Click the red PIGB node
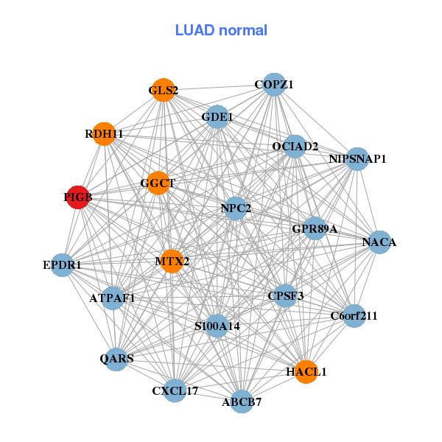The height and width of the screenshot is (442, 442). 77,197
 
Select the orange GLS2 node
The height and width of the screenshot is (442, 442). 163,91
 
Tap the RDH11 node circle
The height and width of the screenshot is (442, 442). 105,134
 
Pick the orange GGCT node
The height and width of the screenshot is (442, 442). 158,183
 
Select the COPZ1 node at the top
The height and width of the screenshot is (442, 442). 274,85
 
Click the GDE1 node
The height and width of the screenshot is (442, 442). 217,116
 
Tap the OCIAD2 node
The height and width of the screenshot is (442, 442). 295,147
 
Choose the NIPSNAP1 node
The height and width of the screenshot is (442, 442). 357,158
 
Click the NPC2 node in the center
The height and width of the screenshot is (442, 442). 236,208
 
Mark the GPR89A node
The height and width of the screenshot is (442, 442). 315,229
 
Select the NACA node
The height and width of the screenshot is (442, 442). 379,242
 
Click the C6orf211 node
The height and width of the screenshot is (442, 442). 354,316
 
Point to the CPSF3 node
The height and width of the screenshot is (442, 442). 285,296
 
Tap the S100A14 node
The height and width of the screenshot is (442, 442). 217,326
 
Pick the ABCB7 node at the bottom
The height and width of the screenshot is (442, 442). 242,401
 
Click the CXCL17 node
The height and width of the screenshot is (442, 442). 175,390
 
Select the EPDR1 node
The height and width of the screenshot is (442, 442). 63,264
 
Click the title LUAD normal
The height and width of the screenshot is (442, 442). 221,30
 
